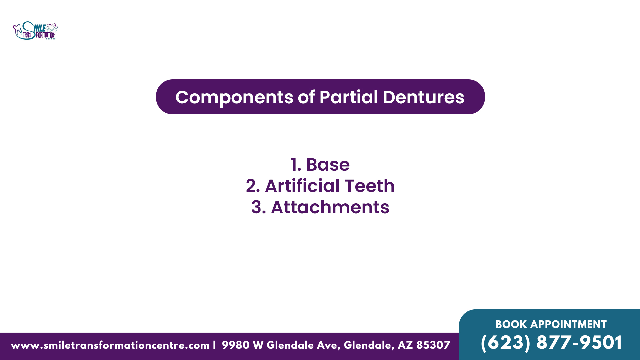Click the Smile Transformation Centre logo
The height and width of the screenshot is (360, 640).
pyautogui.click(x=35, y=31)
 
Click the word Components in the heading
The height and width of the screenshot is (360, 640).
pyautogui.click(x=234, y=98)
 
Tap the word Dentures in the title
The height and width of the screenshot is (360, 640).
pyautogui.click(x=423, y=97)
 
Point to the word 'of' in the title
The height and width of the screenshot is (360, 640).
pyautogui.click(x=306, y=97)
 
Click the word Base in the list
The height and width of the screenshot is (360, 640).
pyautogui.click(x=328, y=165)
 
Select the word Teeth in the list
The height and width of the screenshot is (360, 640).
pyautogui.click(x=369, y=186)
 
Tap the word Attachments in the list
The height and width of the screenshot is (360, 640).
pyautogui.click(x=330, y=207)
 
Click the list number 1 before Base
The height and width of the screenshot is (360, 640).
pyautogui.click(x=296, y=165)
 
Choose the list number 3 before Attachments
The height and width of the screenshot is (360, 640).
pyautogui.click(x=258, y=207)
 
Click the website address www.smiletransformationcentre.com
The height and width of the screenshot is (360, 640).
pyautogui.click(x=110, y=345)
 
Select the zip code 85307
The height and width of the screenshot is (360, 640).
pyautogui.click(x=433, y=345)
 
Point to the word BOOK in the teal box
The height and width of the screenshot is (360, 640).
pyautogui.click(x=511, y=324)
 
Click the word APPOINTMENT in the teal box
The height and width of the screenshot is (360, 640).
pyautogui.click(x=568, y=324)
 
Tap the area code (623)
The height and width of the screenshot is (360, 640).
pyautogui.click(x=505, y=343)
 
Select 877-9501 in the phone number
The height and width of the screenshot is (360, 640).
pyautogui.click(x=579, y=343)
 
